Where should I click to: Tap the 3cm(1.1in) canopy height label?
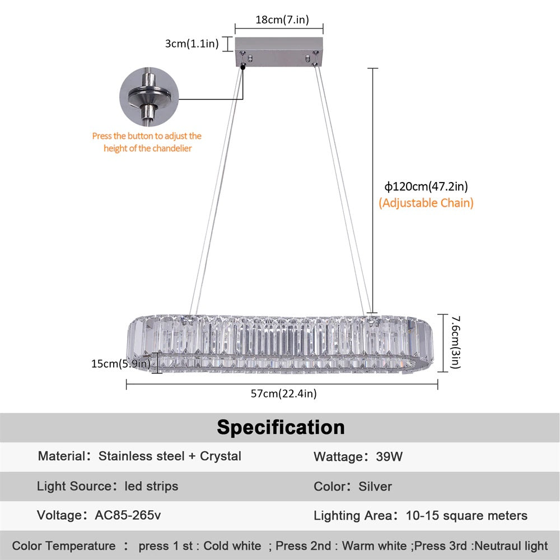(192, 44)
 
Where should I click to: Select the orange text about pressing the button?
(147, 142)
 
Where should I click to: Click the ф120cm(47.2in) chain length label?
(426, 186)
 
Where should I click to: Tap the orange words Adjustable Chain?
(426, 203)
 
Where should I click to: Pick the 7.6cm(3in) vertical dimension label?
(455, 342)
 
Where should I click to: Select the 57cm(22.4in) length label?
(283, 394)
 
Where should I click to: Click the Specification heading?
(281, 427)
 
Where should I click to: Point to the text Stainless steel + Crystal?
(170, 456)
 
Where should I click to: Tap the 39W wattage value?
(389, 457)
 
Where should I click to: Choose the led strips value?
(151, 486)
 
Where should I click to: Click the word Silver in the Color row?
(375, 487)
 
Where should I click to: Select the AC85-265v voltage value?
(129, 515)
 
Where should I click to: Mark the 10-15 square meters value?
(468, 516)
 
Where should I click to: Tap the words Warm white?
(375, 545)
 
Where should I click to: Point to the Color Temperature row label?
(64, 545)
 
